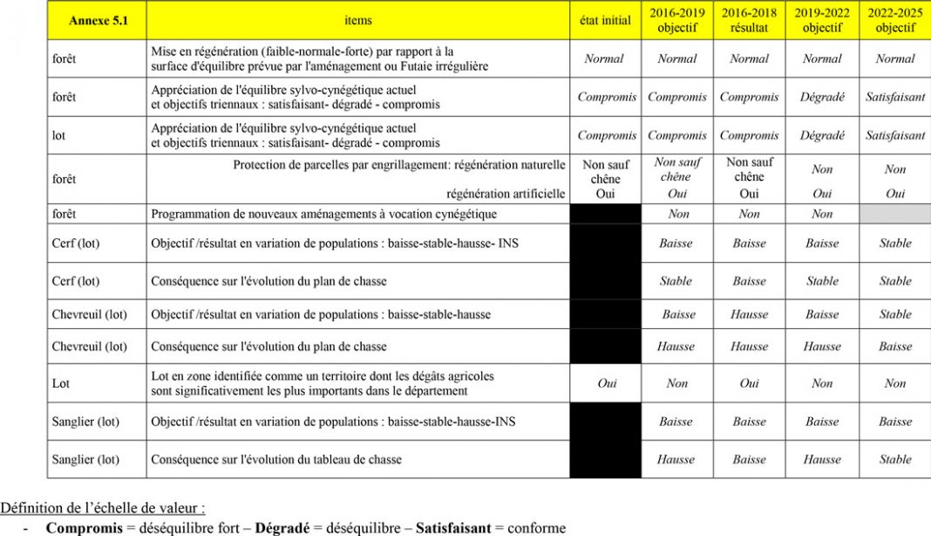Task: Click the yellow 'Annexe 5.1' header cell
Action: click(96, 21)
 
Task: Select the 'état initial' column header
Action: click(605, 21)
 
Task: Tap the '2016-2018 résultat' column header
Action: click(749, 21)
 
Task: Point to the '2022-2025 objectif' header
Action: click(895, 21)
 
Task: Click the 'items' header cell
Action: click(357, 21)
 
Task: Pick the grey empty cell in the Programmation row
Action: click(895, 214)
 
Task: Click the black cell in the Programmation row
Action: click(605, 214)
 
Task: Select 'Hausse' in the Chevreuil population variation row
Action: click(749, 314)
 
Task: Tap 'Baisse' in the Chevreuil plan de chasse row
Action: click(895, 347)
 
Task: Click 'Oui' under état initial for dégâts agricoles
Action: click(607, 383)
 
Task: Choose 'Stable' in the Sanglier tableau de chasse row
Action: click(895, 459)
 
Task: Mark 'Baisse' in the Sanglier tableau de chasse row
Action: click(749, 459)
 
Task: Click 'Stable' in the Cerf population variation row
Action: click(895, 244)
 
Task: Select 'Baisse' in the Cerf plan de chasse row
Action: click(749, 281)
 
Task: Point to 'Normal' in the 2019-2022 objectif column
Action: click(822, 59)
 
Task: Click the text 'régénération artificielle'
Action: click(506, 194)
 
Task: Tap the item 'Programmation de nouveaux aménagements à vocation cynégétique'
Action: click(324, 214)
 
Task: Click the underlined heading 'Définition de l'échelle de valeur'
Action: click(102, 507)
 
